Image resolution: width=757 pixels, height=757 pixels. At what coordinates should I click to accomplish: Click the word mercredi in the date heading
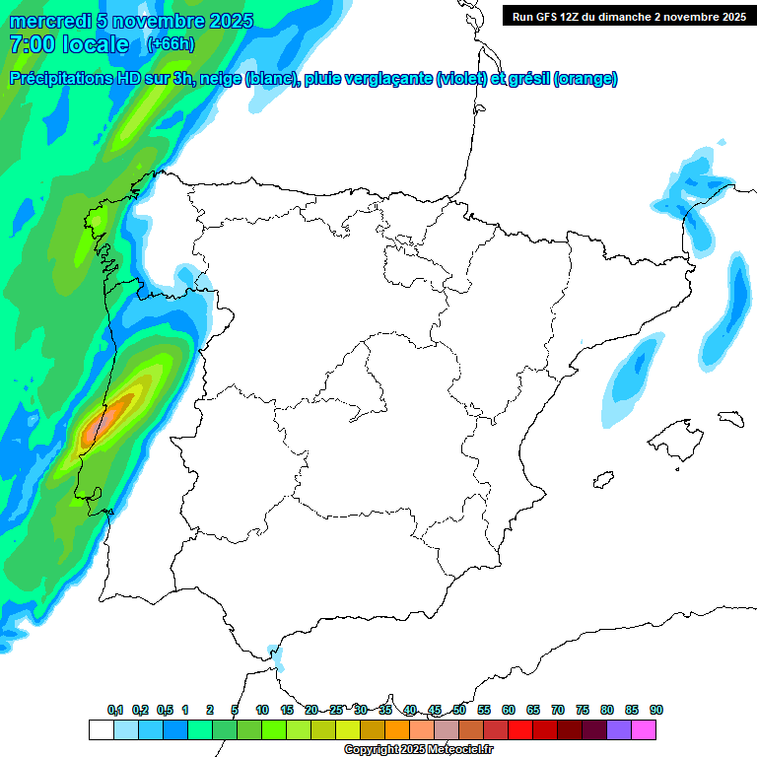pos(48,21)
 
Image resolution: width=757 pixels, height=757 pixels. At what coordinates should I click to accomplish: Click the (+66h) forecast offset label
pos(170,44)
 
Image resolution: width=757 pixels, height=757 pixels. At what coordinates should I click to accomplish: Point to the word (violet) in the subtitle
pos(460,79)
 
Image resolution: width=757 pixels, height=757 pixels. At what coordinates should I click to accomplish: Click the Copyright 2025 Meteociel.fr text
pos(418,750)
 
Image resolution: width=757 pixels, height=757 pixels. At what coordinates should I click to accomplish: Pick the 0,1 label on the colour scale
pos(115,710)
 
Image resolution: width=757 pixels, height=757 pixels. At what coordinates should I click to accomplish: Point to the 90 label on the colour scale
pos(656,710)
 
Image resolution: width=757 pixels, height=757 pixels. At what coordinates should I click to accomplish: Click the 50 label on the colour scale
pos(459,710)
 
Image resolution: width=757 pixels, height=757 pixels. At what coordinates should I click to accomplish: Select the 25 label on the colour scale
pos(336,710)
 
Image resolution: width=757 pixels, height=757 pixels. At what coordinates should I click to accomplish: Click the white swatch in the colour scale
pos(101,729)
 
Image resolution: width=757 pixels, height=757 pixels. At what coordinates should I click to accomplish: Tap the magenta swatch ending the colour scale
pos(644,729)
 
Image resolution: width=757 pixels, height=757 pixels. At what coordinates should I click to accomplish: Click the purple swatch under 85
pos(619,729)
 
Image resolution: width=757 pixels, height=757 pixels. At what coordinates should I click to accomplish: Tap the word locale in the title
pos(94,44)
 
